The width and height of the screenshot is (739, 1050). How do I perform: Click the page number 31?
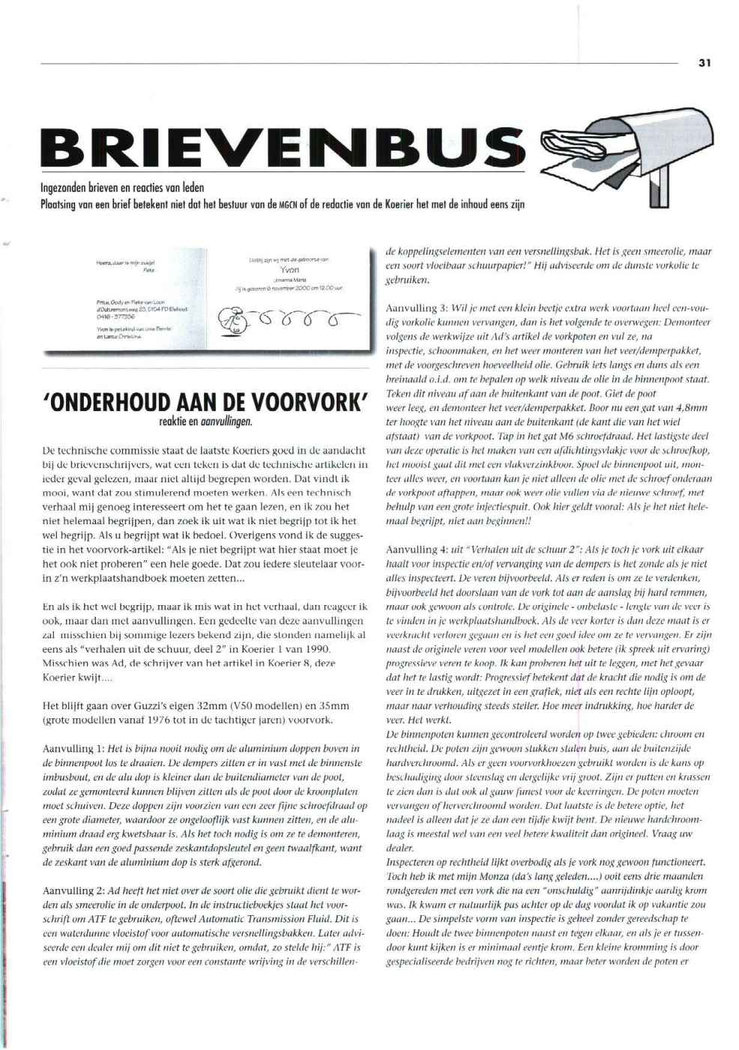704,64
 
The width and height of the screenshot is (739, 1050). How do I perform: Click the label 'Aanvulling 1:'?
72,748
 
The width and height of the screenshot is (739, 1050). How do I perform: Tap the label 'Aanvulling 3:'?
414,309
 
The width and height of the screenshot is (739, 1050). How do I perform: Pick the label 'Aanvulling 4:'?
414,550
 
